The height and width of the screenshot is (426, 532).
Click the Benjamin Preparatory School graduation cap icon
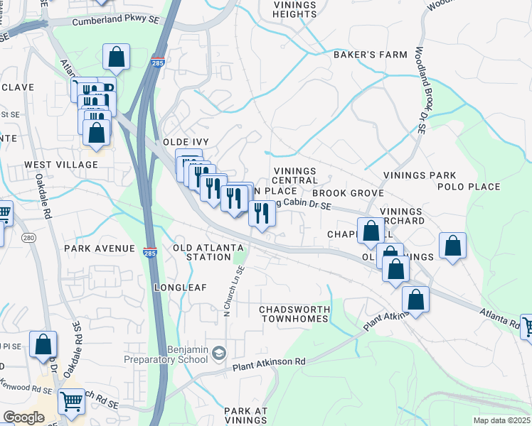[x=219, y=352]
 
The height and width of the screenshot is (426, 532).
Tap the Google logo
[x=23, y=417]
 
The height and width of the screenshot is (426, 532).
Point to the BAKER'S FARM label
[x=371, y=55]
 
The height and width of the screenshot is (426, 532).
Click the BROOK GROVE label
[x=348, y=193]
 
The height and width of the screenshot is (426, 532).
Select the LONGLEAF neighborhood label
[x=180, y=288]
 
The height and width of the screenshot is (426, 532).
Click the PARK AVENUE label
[x=100, y=248]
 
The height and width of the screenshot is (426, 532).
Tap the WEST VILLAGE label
[x=61, y=165]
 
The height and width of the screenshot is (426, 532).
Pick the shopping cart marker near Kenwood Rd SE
[x=71, y=402]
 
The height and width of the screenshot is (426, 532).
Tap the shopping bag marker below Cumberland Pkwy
[x=116, y=57]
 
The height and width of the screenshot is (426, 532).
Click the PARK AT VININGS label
[x=246, y=416]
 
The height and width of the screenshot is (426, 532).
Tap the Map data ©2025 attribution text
[x=501, y=420]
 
